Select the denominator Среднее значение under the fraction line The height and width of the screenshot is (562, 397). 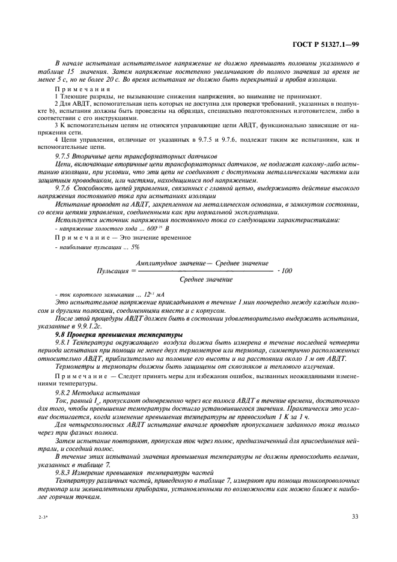[206, 280]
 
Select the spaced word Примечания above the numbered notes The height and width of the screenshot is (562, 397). [78, 88]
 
